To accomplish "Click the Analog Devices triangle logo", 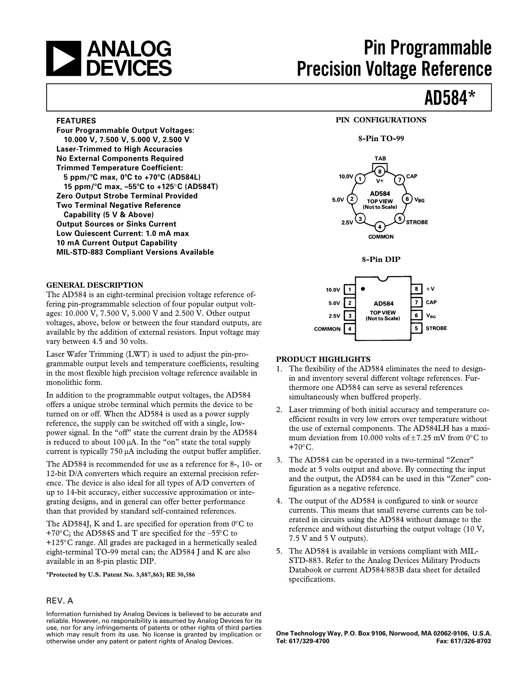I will (x=64, y=58).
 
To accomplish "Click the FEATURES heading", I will (x=76, y=121).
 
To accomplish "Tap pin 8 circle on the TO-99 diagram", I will (x=380, y=171).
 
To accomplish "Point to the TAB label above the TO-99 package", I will (x=380, y=159).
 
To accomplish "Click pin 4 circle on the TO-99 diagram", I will (x=380, y=227).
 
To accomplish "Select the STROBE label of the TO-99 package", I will (x=417, y=222).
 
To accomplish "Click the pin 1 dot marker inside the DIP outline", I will (x=363, y=289).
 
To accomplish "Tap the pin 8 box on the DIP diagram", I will (x=416, y=289).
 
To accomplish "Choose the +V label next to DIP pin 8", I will (x=430, y=289).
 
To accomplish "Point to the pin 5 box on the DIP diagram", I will (x=416, y=328).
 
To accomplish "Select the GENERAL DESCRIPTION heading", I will (x=95, y=285).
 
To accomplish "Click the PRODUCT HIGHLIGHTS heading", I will (x=323, y=359).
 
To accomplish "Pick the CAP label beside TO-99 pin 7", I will (x=412, y=176).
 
